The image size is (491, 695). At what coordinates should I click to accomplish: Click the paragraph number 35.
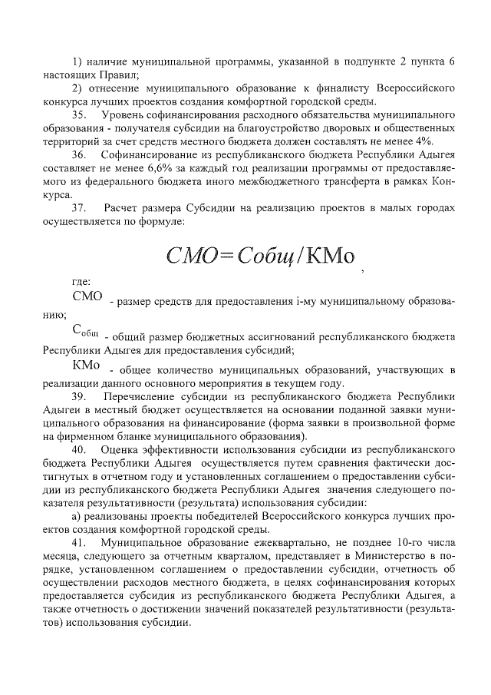click(79, 114)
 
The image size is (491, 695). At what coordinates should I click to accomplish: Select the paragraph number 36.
click(79, 154)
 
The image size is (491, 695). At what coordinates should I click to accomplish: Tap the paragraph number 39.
click(79, 397)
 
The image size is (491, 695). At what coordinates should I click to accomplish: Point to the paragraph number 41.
click(79, 542)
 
